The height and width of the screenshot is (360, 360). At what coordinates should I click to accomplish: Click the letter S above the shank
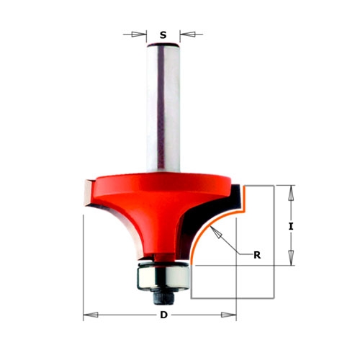tap(163, 35)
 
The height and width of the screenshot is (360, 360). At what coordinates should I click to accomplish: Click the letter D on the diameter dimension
tap(163, 315)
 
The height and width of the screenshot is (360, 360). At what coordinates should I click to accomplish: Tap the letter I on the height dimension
tap(291, 226)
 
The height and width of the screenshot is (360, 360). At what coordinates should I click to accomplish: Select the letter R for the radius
tap(257, 255)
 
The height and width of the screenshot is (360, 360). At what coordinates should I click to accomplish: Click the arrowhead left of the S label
tap(139, 35)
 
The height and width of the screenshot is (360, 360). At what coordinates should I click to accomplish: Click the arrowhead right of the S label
tap(187, 35)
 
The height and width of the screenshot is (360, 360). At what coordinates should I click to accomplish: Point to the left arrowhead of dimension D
tap(91, 315)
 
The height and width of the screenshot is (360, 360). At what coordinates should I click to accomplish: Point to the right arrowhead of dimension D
tap(229, 315)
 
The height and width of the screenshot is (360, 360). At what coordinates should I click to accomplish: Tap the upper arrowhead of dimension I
tap(291, 193)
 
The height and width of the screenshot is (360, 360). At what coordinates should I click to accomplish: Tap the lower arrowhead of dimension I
tap(291, 258)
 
